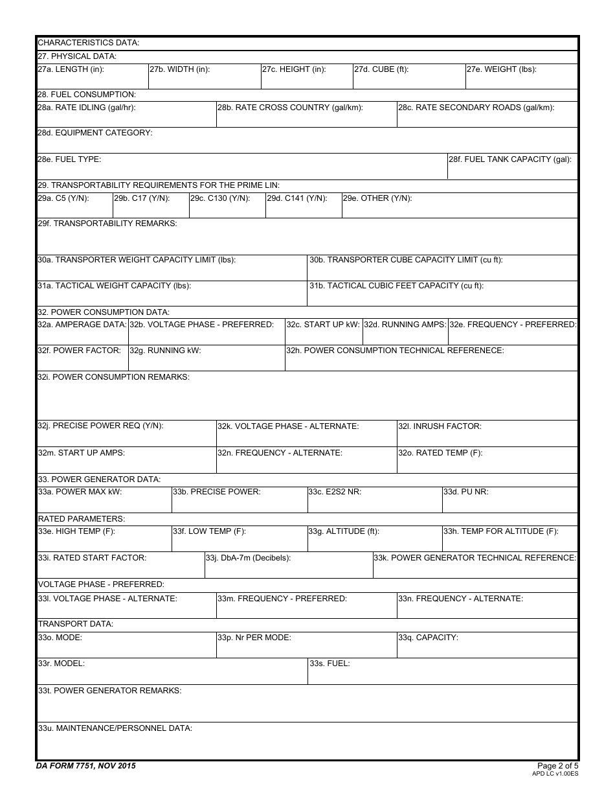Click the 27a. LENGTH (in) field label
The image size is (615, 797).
click(x=71, y=69)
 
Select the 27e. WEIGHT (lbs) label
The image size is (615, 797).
click(x=501, y=69)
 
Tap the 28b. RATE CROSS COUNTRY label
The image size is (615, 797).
click(x=290, y=108)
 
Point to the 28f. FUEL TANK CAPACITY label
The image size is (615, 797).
click(x=510, y=159)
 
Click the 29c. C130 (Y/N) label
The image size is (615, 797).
click(x=219, y=198)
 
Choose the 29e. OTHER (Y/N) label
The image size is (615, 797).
click(x=377, y=198)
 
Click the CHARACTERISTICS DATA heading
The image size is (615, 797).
click(x=89, y=43)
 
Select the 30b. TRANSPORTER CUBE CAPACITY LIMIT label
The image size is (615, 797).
click(x=406, y=260)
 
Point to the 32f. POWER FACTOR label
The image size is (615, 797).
click(x=79, y=351)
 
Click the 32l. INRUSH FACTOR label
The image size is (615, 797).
click(x=440, y=426)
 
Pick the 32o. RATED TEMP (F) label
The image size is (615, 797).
click(x=440, y=453)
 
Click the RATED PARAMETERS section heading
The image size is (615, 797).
click(x=82, y=519)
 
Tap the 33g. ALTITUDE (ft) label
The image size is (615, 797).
click(x=343, y=531)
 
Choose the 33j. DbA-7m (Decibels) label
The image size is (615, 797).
click(x=248, y=558)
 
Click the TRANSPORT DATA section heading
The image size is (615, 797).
click(x=76, y=624)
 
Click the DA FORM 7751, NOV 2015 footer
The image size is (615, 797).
click(x=86, y=766)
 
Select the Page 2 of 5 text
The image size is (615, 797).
click(x=557, y=765)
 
